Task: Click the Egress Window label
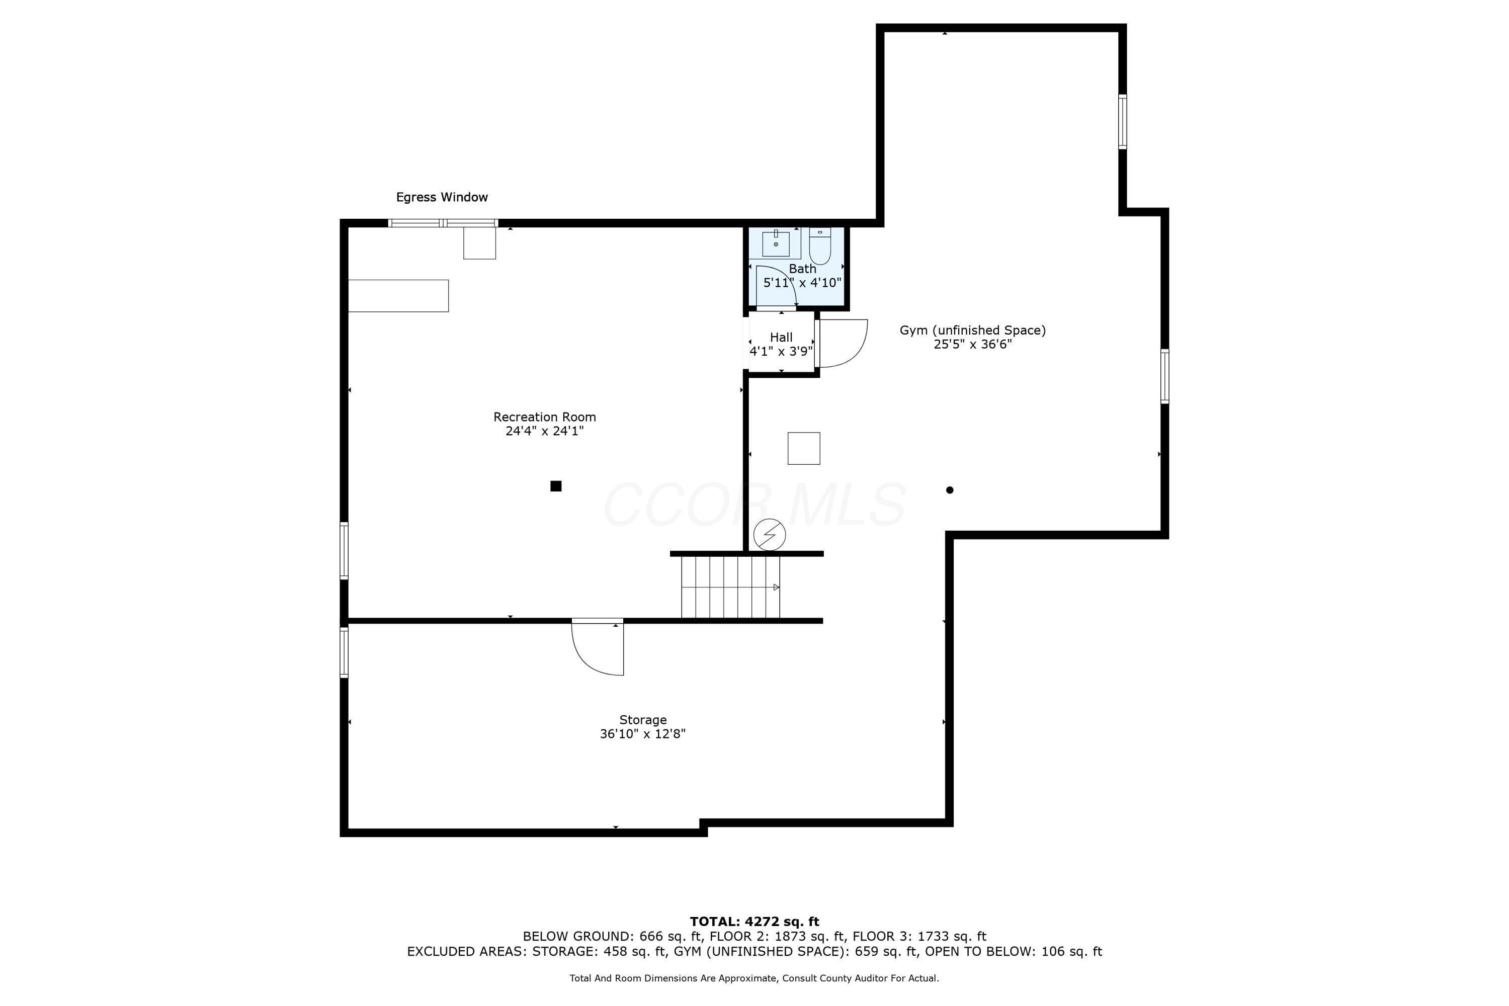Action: (442, 198)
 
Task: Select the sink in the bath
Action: (776, 243)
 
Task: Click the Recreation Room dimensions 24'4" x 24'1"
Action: (544, 431)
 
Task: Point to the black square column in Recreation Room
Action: (556, 486)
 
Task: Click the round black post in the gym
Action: (950, 490)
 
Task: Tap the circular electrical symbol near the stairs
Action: (769, 534)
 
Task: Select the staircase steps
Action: (730, 587)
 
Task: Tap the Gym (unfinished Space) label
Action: (972, 330)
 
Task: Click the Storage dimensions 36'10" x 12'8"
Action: (642, 734)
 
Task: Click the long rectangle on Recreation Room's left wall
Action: (398, 296)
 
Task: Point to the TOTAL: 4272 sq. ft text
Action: (754, 922)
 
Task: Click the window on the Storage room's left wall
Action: (344, 652)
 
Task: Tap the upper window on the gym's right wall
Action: (1122, 122)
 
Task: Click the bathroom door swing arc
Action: (778, 287)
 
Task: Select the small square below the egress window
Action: (479, 243)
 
